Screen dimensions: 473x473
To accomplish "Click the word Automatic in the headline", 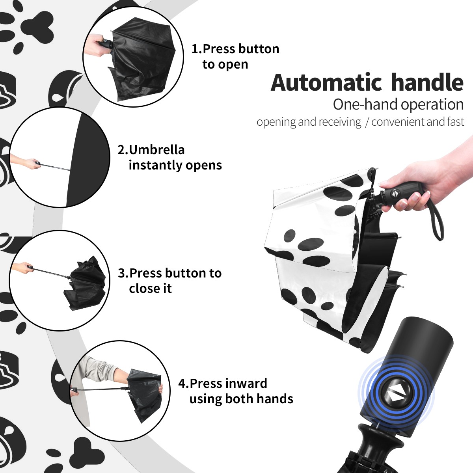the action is [326, 83].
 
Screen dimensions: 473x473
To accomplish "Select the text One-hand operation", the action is [398, 105].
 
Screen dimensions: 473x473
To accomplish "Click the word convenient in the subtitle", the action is [398, 122].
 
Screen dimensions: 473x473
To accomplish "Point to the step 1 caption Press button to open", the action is [235, 56].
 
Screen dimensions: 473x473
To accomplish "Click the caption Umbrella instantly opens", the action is [169, 157].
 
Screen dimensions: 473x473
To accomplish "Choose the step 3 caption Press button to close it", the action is [169, 281].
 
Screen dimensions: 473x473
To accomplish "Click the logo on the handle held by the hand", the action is [394, 193].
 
